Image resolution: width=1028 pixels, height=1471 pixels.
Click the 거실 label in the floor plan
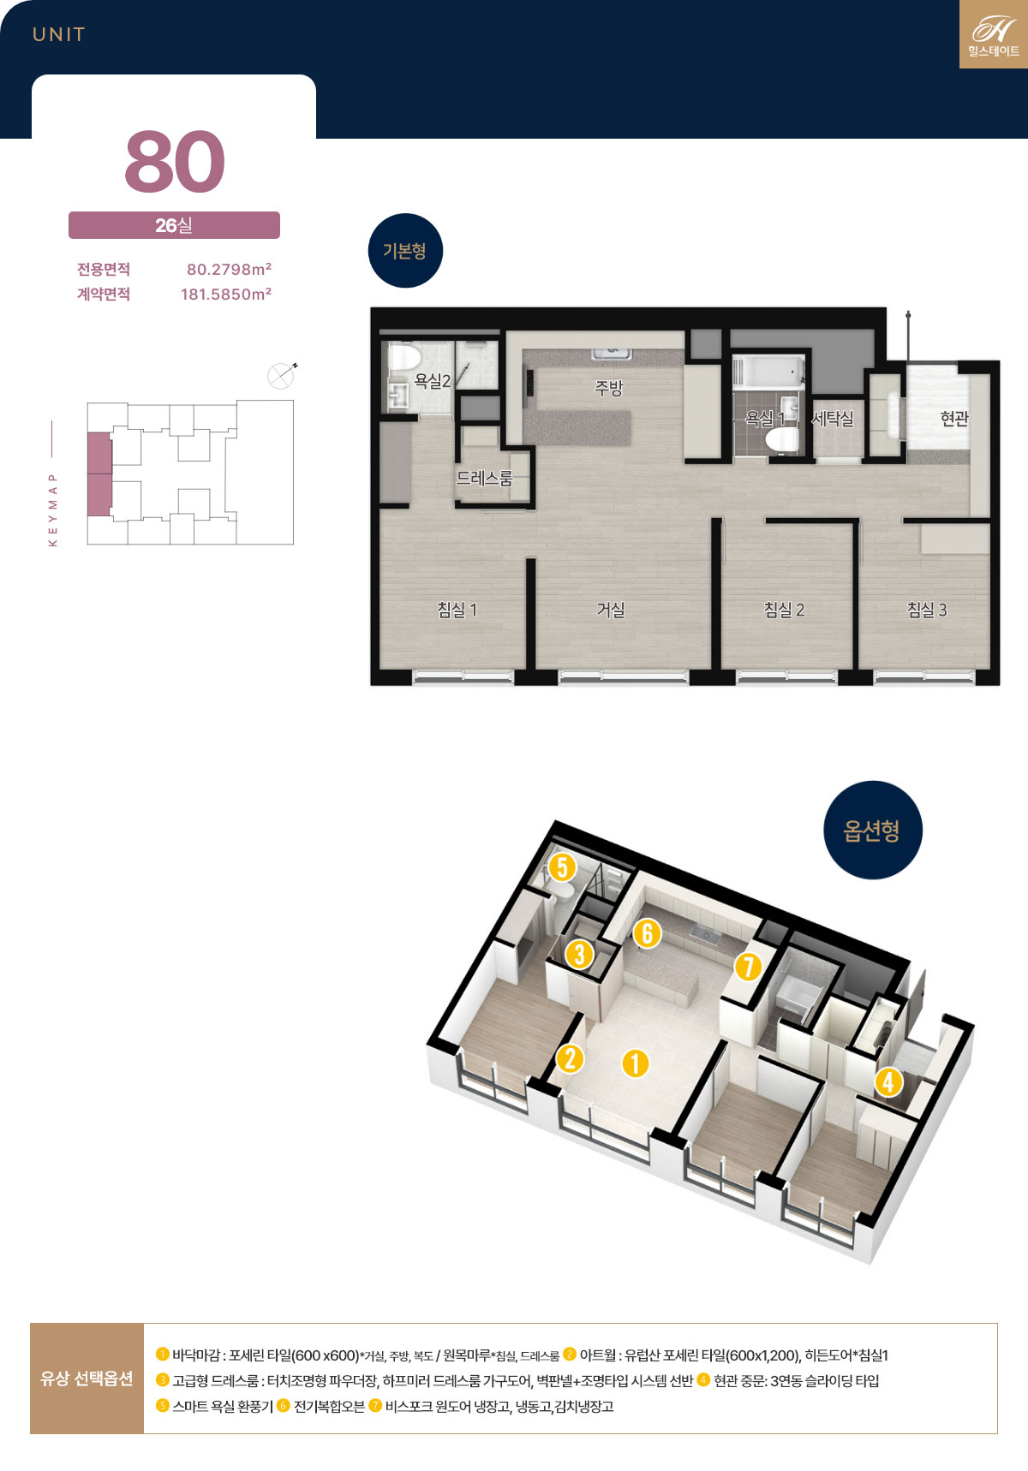tap(611, 610)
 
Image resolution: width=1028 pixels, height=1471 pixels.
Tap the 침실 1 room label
tap(457, 610)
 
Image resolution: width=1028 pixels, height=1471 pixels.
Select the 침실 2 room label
tap(784, 610)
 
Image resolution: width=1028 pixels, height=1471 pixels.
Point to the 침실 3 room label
tap(927, 610)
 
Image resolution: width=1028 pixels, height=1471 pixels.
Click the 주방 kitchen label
tap(609, 388)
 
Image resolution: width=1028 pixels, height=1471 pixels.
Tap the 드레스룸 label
tap(484, 478)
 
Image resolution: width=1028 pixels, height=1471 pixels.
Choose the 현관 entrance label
tap(954, 418)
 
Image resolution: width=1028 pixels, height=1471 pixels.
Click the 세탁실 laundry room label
tap(833, 418)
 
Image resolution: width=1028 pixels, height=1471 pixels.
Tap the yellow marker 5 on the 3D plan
tap(562, 867)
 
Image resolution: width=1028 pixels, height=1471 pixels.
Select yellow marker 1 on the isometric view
tap(635, 1063)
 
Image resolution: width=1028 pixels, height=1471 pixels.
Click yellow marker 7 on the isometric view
tap(748, 967)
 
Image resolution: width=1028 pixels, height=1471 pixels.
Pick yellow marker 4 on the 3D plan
tap(888, 1081)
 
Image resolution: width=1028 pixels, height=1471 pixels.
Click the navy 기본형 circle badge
tap(405, 251)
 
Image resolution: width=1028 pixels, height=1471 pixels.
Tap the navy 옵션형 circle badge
tap(873, 830)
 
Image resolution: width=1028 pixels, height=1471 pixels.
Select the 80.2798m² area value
tap(229, 269)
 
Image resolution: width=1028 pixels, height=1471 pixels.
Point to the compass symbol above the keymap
tap(282, 375)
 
